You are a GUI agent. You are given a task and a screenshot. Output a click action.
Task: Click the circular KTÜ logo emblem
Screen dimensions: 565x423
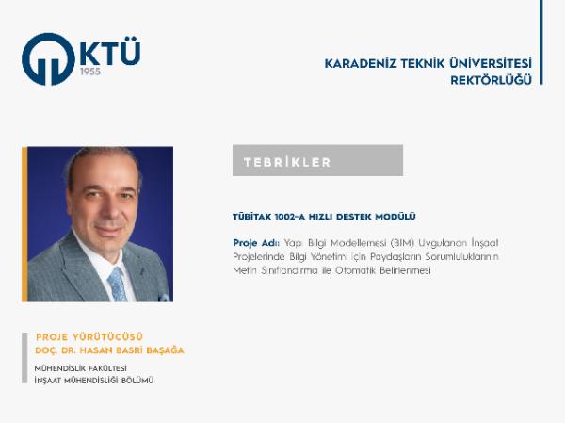tap(48, 59)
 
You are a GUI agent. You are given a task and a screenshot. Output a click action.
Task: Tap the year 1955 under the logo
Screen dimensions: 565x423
tap(90, 72)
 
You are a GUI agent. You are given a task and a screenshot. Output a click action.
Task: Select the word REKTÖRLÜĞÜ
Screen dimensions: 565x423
tap(492, 80)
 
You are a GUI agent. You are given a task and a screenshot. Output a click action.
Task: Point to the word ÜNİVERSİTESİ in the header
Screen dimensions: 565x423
tap(491, 63)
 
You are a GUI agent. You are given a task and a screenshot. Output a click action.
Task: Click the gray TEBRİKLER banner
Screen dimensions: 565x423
tap(317, 160)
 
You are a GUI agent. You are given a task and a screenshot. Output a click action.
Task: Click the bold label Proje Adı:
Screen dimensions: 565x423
tap(256, 243)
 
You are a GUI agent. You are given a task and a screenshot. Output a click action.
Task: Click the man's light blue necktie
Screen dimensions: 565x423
tap(118, 285)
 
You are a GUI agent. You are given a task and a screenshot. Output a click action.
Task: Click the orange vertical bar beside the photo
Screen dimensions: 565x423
tap(24, 224)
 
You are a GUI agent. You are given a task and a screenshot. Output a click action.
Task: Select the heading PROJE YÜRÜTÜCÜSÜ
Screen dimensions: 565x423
tap(89, 337)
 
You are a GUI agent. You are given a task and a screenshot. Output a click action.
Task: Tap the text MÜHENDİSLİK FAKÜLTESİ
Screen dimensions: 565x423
tap(80, 368)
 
